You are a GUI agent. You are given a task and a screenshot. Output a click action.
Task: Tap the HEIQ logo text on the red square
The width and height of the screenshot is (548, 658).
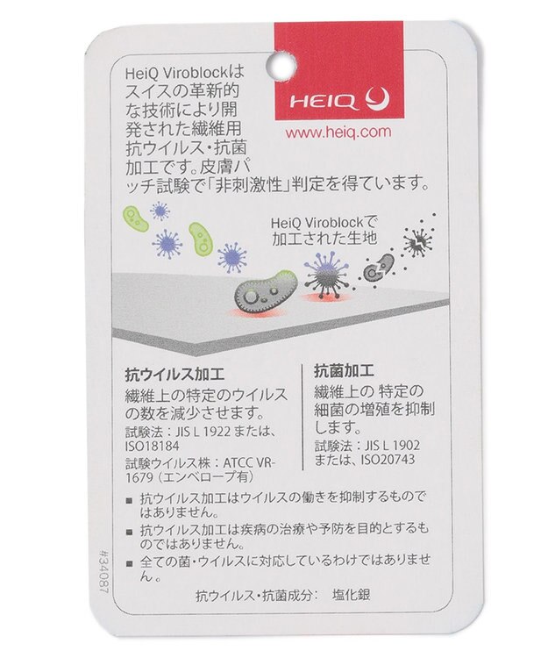[324, 102]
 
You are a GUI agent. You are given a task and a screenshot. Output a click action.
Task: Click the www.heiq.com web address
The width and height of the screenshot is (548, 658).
[338, 132]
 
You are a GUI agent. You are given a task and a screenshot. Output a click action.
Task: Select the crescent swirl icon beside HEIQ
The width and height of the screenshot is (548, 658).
[377, 100]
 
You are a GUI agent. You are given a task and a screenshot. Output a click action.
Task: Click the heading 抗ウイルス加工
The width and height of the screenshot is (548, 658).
[174, 375]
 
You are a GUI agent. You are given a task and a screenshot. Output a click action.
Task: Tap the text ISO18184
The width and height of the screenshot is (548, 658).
[153, 446]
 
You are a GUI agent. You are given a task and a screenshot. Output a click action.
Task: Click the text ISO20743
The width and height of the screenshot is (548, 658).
[388, 460]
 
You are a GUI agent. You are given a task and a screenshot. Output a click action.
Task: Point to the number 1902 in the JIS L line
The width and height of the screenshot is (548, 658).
[405, 445]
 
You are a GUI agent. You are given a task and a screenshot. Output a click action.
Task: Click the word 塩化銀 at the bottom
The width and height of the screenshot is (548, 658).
[352, 595]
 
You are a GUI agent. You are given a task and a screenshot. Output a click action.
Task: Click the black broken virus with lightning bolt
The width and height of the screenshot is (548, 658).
[418, 242]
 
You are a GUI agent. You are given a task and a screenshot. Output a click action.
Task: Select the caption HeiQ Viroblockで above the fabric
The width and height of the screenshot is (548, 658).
[324, 223]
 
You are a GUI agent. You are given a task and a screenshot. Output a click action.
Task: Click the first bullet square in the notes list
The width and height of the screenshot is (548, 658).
[130, 500]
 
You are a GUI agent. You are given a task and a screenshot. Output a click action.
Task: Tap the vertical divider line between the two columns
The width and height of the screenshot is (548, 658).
[302, 417]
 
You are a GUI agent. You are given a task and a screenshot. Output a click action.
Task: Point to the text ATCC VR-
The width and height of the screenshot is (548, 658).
[249, 463]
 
